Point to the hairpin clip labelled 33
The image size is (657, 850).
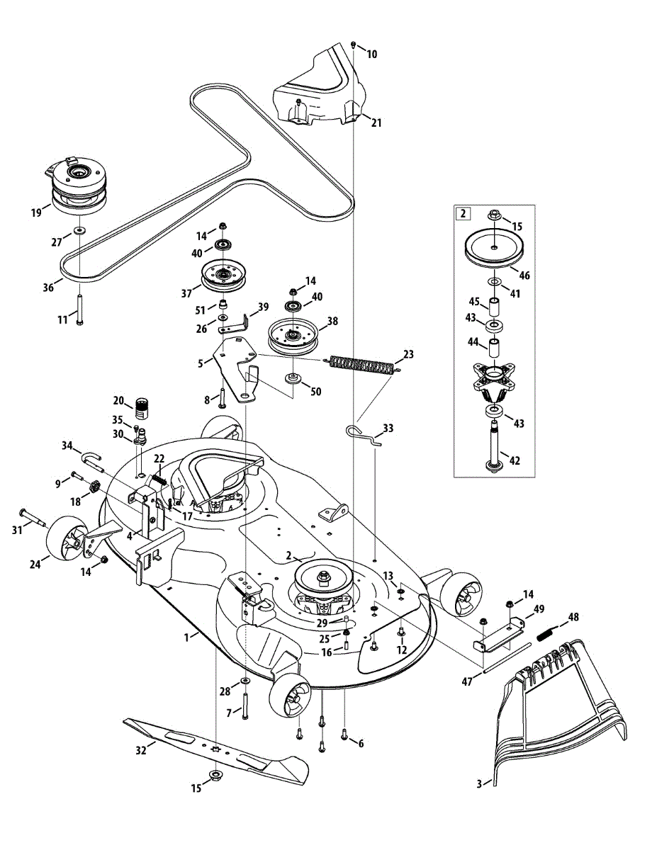point(364,436)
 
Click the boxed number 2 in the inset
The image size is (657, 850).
point(463,213)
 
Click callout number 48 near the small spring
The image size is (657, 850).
point(573,617)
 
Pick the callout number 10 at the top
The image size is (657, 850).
point(372,54)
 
